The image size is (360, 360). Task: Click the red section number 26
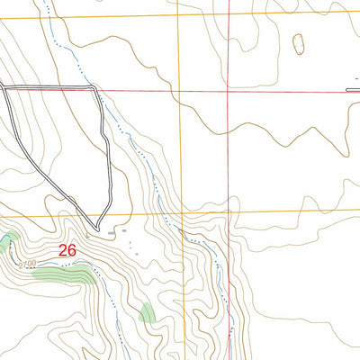[67, 251]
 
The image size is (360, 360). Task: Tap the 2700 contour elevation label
[26, 264]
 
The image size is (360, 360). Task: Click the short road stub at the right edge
[353, 90]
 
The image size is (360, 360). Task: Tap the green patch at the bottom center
[146, 312]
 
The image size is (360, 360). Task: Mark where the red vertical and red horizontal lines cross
[229, 91]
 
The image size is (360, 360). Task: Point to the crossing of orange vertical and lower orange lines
[183, 214]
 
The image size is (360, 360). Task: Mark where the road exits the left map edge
[2, 87]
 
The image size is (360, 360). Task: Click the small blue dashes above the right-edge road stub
[353, 80]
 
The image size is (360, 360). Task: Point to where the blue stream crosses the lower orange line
[168, 215]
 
